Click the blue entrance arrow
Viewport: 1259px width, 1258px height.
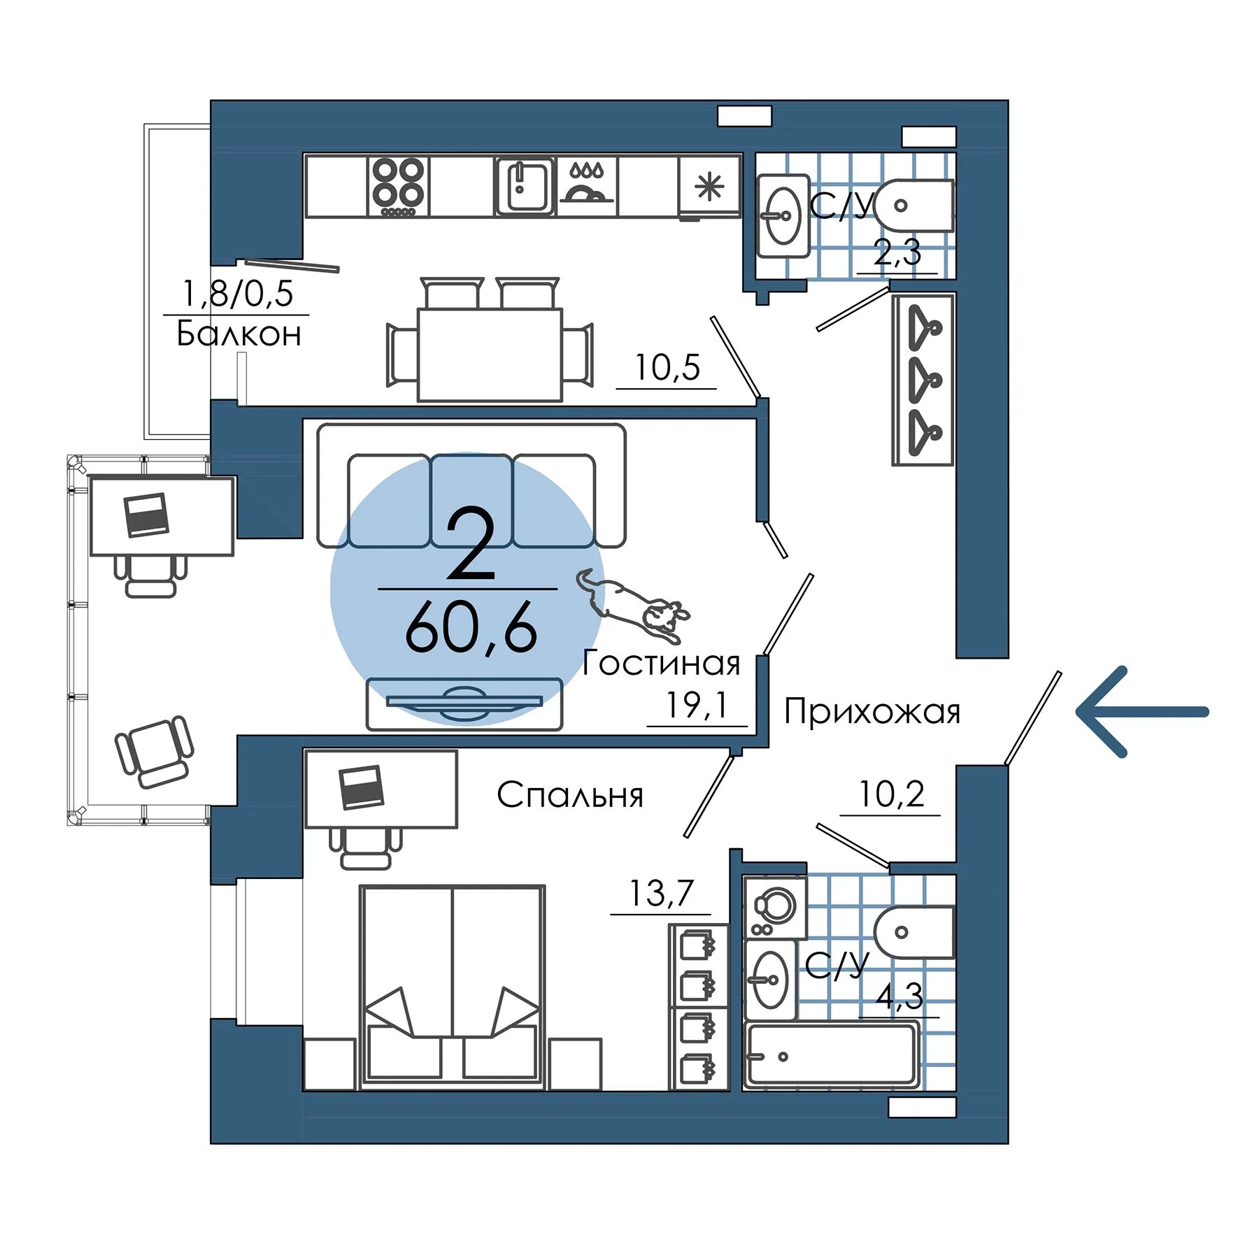click(x=1142, y=712)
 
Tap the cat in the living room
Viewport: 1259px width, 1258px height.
click(x=633, y=606)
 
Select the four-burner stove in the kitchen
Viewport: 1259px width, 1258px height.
click(x=398, y=186)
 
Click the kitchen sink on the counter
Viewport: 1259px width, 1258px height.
click(x=525, y=185)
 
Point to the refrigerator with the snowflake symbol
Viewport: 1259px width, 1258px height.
click(x=709, y=187)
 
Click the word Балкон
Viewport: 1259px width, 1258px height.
click(x=239, y=334)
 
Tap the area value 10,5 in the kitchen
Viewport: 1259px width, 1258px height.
click(x=667, y=367)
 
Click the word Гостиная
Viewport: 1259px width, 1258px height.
click(x=661, y=663)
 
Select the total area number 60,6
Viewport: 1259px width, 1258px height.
click(x=471, y=628)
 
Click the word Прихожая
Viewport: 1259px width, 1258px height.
click(x=872, y=711)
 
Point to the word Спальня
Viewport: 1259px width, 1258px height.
click(x=570, y=795)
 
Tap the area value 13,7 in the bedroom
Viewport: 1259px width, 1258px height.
click(x=661, y=893)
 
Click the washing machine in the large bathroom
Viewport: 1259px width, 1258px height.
click(x=775, y=908)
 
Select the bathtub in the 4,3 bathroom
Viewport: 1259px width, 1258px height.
click(x=832, y=1055)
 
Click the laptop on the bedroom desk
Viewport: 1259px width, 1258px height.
click(x=361, y=787)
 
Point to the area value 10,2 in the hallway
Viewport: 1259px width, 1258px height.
click(x=891, y=794)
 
